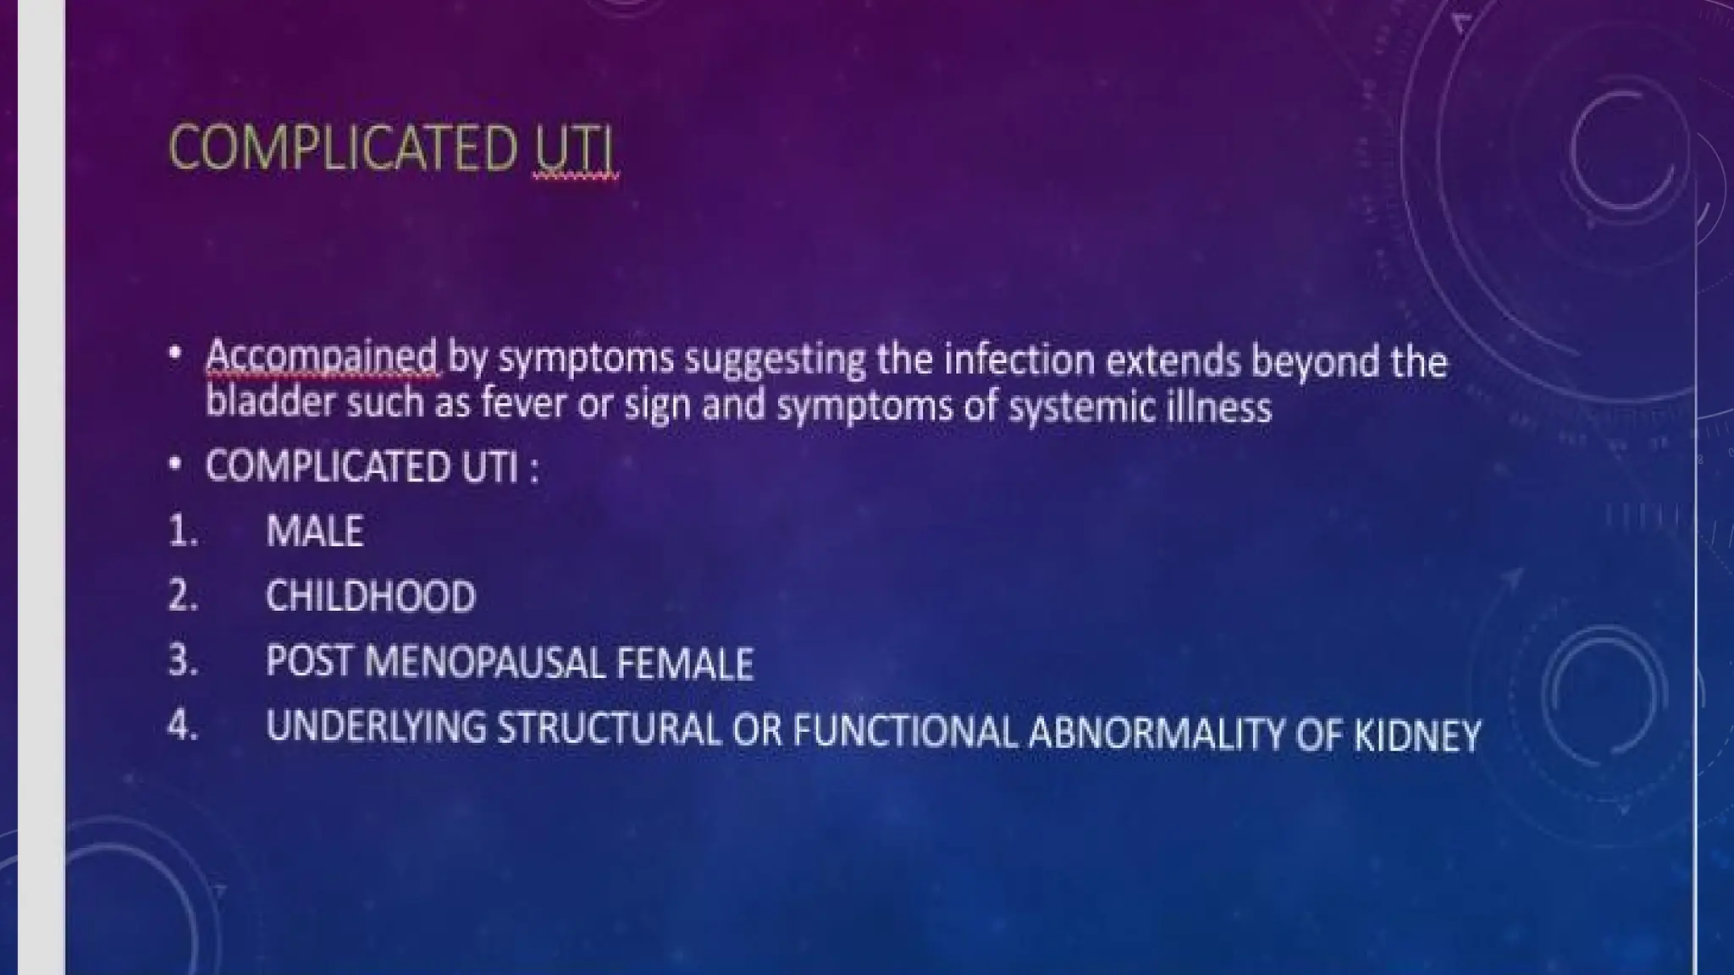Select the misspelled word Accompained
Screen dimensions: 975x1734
click(x=322, y=358)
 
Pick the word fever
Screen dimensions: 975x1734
click(x=523, y=405)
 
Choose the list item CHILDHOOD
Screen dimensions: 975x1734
click(x=370, y=597)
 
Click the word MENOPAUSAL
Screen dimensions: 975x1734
click(x=483, y=662)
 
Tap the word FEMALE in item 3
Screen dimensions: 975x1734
click(x=684, y=664)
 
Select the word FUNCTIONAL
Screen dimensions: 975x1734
click(x=904, y=731)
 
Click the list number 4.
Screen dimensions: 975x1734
click(x=182, y=726)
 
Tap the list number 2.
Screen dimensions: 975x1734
click(x=182, y=596)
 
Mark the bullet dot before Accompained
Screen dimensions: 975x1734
click(x=174, y=353)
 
